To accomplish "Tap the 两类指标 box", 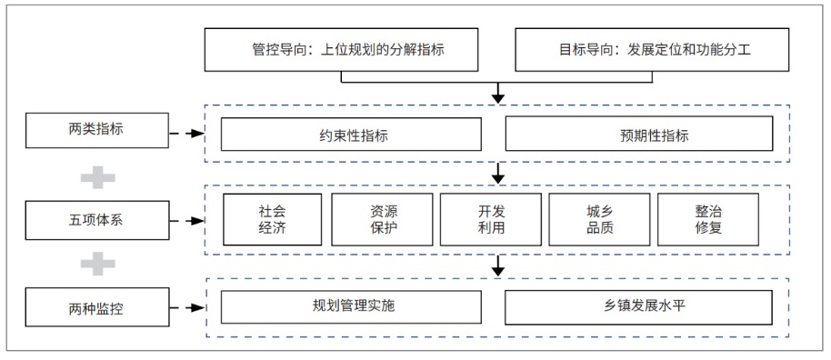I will [97, 131].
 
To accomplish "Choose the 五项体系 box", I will [97, 220].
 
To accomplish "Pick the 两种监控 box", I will [97, 307].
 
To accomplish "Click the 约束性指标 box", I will [351, 135].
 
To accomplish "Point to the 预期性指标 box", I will [638, 135].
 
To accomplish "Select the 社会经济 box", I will [272, 219].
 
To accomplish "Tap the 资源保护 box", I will [382, 219].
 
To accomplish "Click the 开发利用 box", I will [490, 219].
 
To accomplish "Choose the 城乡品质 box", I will [599, 219].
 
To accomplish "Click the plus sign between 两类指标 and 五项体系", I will [97, 175].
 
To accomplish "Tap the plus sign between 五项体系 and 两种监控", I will [97, 264].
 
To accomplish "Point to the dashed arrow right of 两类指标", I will [187, 133].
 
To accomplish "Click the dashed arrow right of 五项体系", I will [187, 220].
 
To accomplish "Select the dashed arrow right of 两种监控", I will [187, 308].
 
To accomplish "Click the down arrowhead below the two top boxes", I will [497, 95].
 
